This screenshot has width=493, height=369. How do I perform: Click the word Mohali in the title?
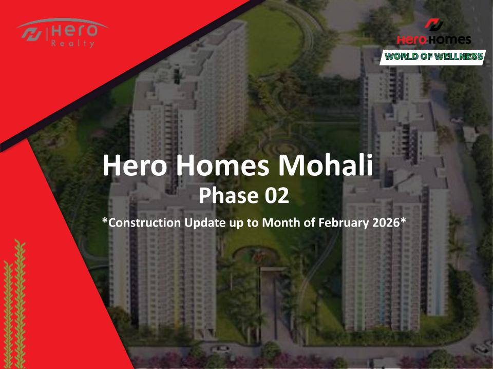point(326,166)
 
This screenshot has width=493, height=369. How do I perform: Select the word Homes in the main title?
point(222,166)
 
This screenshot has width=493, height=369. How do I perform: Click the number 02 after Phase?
point(276,195)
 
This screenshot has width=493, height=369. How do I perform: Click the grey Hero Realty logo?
point(62,33)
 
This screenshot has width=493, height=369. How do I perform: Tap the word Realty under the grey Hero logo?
point(72,43)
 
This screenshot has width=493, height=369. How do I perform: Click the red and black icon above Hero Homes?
point(434,25)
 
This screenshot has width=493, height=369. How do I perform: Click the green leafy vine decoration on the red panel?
point(15,304)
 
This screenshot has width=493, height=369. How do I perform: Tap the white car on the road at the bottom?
point(221,349)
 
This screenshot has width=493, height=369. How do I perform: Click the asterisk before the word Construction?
point(105,220)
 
